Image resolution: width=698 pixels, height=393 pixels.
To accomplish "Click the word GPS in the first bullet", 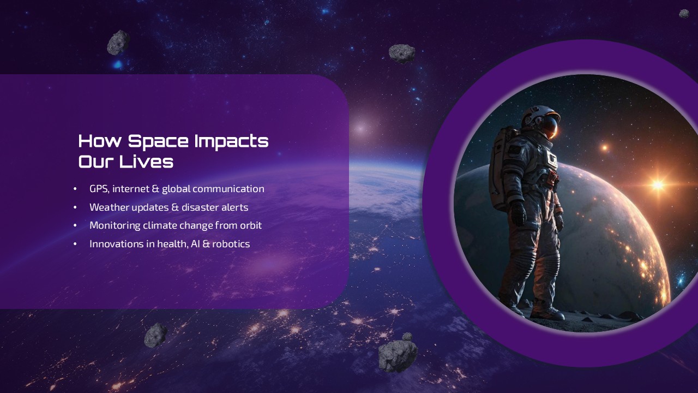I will point(99,189).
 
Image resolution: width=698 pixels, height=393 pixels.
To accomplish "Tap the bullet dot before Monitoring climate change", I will point(75,226).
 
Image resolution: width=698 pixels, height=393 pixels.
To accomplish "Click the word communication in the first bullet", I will point(228,189).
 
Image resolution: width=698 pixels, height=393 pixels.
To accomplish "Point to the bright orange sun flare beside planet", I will point(658,184).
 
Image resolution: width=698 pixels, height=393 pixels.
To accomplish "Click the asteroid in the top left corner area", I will point(118,43).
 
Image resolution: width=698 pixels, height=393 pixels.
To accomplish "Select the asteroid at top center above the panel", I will point(402,53).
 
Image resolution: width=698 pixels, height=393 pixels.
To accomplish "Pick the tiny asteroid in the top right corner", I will point(684,14).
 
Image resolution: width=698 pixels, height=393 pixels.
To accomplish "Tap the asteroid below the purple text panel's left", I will point(155,335).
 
